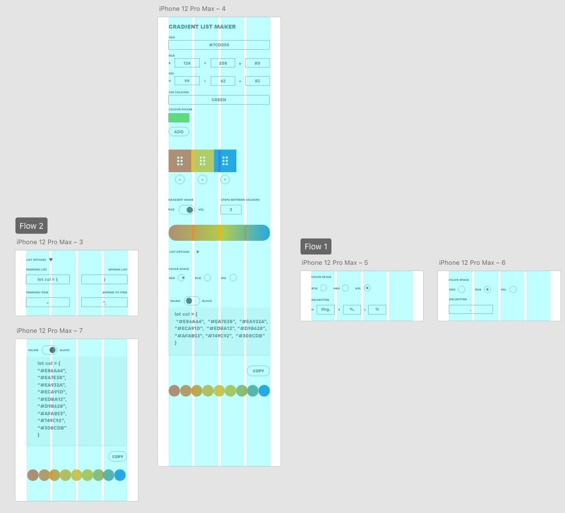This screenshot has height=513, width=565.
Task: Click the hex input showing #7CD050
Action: (x=219, y=45)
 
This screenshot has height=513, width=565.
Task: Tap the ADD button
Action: (x=179, y=132)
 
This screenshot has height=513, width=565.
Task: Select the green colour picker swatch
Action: (x=179, y=118)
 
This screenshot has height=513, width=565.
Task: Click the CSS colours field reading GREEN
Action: (x=219, y=100)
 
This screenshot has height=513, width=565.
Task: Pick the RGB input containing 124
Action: (x=187, y=63)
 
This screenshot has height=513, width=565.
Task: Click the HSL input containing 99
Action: (x=187, y=81)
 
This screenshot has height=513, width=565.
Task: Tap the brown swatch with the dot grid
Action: (x=180, y=161)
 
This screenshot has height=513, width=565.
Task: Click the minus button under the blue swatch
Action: (x=225, y=180)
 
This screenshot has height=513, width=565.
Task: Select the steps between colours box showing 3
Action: (x=231, y=210)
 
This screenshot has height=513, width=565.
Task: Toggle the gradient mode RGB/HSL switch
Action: (x=187, y=210)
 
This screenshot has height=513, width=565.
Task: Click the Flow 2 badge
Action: (x=31, y=226)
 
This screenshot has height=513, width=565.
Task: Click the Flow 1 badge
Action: (x=316, y=246)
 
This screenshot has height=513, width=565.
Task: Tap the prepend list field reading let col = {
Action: (x=48, y=279)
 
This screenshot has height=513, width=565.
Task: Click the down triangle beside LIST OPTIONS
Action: (x=51, y=260)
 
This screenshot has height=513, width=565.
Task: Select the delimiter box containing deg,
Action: (x=326, y=309)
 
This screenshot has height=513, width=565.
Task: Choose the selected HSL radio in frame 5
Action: (x=368, y=288)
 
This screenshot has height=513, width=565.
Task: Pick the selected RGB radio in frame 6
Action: (x=487, y=289)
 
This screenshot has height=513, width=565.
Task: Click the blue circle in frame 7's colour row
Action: (x=120, y=475)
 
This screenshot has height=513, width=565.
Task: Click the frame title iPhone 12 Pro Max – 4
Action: (x=192, y=9)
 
